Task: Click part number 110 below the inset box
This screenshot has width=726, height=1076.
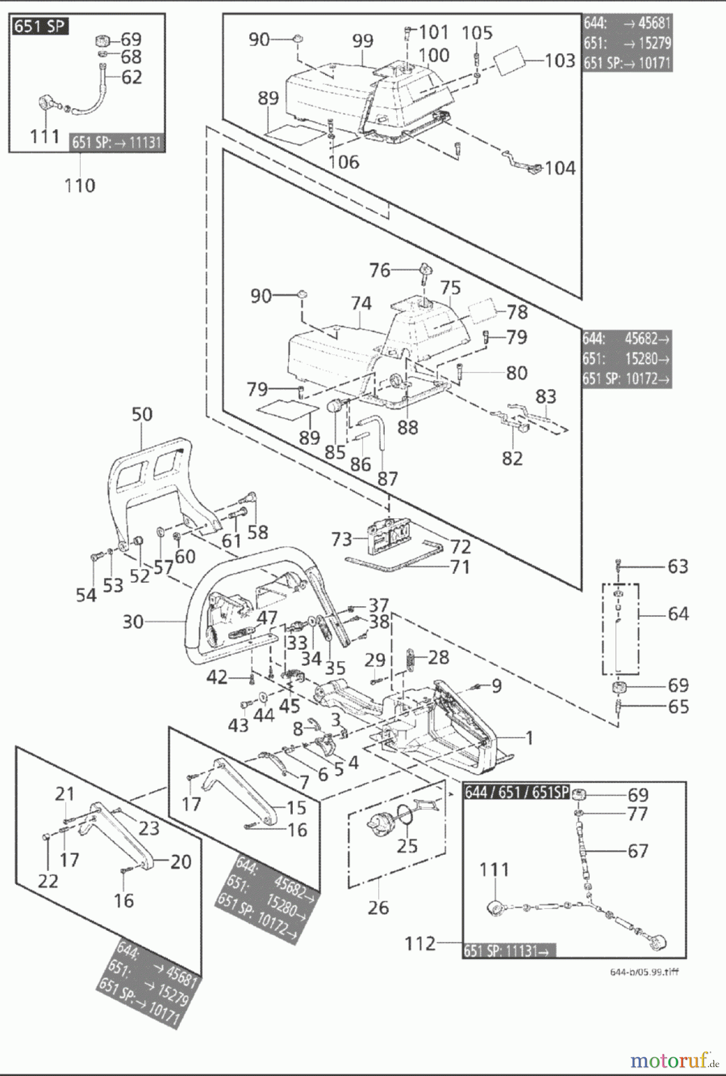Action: [x=79, y=185]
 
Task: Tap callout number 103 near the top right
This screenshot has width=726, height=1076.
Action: [x=559, y=60]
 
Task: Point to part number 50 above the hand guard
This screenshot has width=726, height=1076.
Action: [x=142, y=414]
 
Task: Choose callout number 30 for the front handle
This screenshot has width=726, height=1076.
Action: [x=133, y=622]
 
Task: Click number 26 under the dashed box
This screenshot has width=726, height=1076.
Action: [x=378, y=907]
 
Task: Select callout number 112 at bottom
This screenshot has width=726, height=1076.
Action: [x=420, y=943]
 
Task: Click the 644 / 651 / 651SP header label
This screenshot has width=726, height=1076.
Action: [x=516, y=792]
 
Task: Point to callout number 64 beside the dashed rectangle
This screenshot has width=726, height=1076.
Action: [x=678, y=613]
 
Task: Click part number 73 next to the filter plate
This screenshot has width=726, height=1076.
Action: [x=342, y=539]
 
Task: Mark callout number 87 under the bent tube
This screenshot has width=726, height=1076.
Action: [x=387, y=478]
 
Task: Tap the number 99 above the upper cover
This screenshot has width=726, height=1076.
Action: [x=362, y=41]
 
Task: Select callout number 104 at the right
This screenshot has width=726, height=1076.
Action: [x=559, y=168]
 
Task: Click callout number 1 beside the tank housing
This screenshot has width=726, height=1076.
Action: [x=529, y=738]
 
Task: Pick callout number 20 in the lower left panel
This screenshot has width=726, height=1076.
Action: [x=180, y=861]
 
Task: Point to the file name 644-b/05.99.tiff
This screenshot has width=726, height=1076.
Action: [x=644, y=972]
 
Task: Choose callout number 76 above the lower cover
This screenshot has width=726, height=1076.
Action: [x=379, y=270]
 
